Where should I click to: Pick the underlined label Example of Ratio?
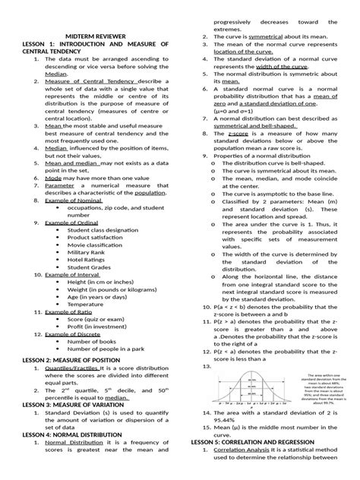click(65, 312)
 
